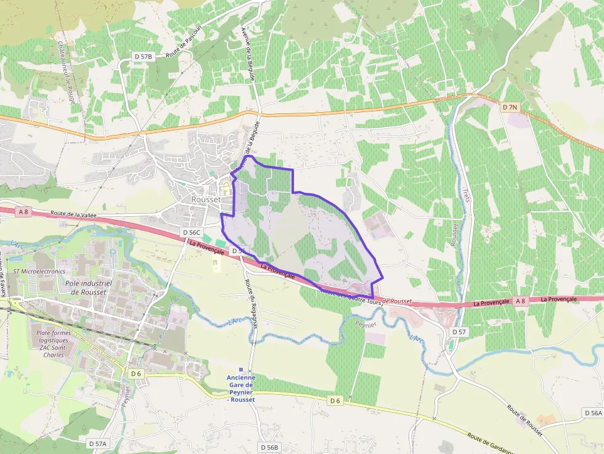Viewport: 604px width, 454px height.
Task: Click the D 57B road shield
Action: click(143, 57)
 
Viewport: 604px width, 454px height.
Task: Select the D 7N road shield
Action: click(510, 107)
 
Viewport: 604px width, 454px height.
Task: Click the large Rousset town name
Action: click(206, 200)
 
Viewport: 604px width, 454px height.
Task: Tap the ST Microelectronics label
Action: click(39, 271)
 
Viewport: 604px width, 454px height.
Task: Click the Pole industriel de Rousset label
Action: click(88, 288)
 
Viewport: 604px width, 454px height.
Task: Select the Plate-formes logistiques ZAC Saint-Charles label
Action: click(53, 344)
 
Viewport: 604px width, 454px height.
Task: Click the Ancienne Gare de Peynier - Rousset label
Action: click(240, 388)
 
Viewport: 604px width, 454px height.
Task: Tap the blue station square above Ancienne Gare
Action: click(240, 370)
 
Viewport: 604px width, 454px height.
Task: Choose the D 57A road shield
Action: click(97, 443)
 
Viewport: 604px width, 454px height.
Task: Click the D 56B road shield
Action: click(269, 447)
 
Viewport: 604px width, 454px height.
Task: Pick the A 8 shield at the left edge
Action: click(23, 212)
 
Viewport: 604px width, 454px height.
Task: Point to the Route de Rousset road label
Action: click(524, 420)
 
